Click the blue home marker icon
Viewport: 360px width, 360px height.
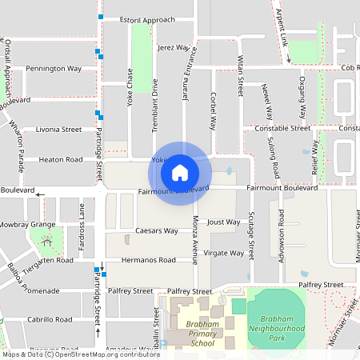(180, 173)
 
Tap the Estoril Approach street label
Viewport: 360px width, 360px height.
(146, 19)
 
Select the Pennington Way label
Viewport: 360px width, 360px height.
(54, 69)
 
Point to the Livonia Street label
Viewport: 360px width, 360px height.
(58, 129)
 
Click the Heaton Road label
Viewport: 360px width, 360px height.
(62, 159)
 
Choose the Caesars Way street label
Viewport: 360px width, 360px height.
(156, 230)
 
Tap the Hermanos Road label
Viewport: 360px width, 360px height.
(149, 260)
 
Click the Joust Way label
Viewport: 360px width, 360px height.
(223, 222)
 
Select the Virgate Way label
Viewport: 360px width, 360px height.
(224, 253)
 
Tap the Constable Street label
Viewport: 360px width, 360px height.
(282, 128)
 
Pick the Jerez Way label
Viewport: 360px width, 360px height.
(174, 48)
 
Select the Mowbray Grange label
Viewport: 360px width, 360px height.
(27, 225)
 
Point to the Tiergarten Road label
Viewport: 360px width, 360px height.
(48, 261)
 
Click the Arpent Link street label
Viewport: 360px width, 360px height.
(283, 36)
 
